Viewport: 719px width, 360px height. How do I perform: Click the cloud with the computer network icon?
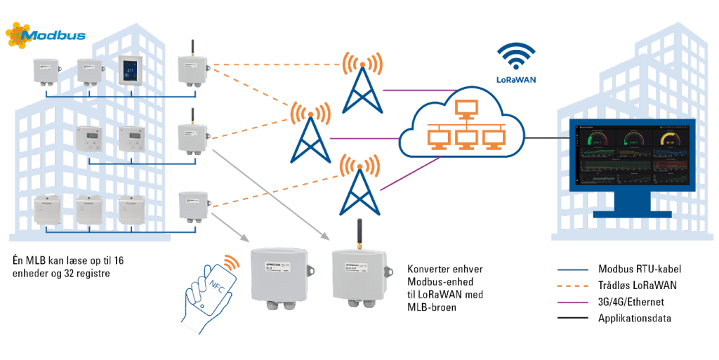coord(459,126)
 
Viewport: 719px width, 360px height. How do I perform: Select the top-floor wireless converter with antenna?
coord(192,69)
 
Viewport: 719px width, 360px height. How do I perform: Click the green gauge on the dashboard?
coord(597,137)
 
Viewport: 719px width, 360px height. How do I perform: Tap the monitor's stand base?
coord(631,211)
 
